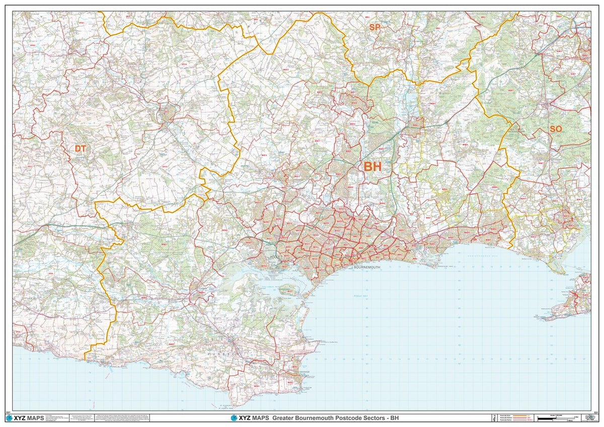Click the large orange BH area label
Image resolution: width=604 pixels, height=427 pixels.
pyautogui.click(x=372, y=167)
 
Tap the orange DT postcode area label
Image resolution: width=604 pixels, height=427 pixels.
pyautogui.click(x=80, y=148)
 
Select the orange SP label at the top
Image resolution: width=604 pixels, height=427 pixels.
pyautogui.click(x=374, y=28)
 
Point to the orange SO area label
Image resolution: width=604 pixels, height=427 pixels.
pyautogui.click(x=556, y=129)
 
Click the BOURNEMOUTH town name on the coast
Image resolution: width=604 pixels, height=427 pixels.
pyautogui.click(x=369, y=267)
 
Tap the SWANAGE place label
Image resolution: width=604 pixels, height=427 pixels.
pyautogui.click(x=305, y=372)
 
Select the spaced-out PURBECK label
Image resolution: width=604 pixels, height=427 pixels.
pyautogui.click(x=222, y=354)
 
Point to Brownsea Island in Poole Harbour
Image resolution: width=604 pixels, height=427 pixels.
pyautogui.click(x=286, y=289)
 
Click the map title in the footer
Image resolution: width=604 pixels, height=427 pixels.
pyautogui.click(x=335, y=418)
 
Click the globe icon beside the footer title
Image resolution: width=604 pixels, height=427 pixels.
pyautogui.click(x=234, y=418)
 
